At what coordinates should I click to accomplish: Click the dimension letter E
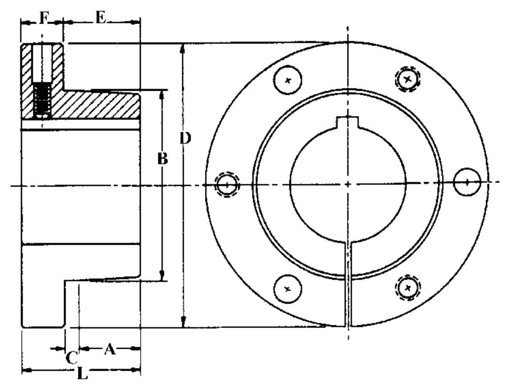(x=100, y=18)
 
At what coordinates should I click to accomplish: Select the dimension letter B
(x=163, y=158)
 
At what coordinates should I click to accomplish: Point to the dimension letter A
(x=110, y=349)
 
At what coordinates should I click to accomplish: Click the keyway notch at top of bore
(x=348, y=123)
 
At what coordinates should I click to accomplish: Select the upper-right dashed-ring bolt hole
(x=408, y=80)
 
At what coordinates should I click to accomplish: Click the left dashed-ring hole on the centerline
(x=227, y=185)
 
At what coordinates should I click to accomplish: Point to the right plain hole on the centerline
(x=467, y=182)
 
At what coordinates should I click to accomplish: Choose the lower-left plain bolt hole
(x=288, y=288)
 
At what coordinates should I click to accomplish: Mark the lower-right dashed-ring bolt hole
(x=408, y=288)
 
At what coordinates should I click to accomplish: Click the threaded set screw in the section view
(x=42, y=101)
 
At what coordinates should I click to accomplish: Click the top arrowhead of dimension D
(x=184, y=48)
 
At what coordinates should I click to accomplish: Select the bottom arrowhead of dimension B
(x=163, y=276)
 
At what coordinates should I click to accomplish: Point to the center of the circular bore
(x=348, y=184)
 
